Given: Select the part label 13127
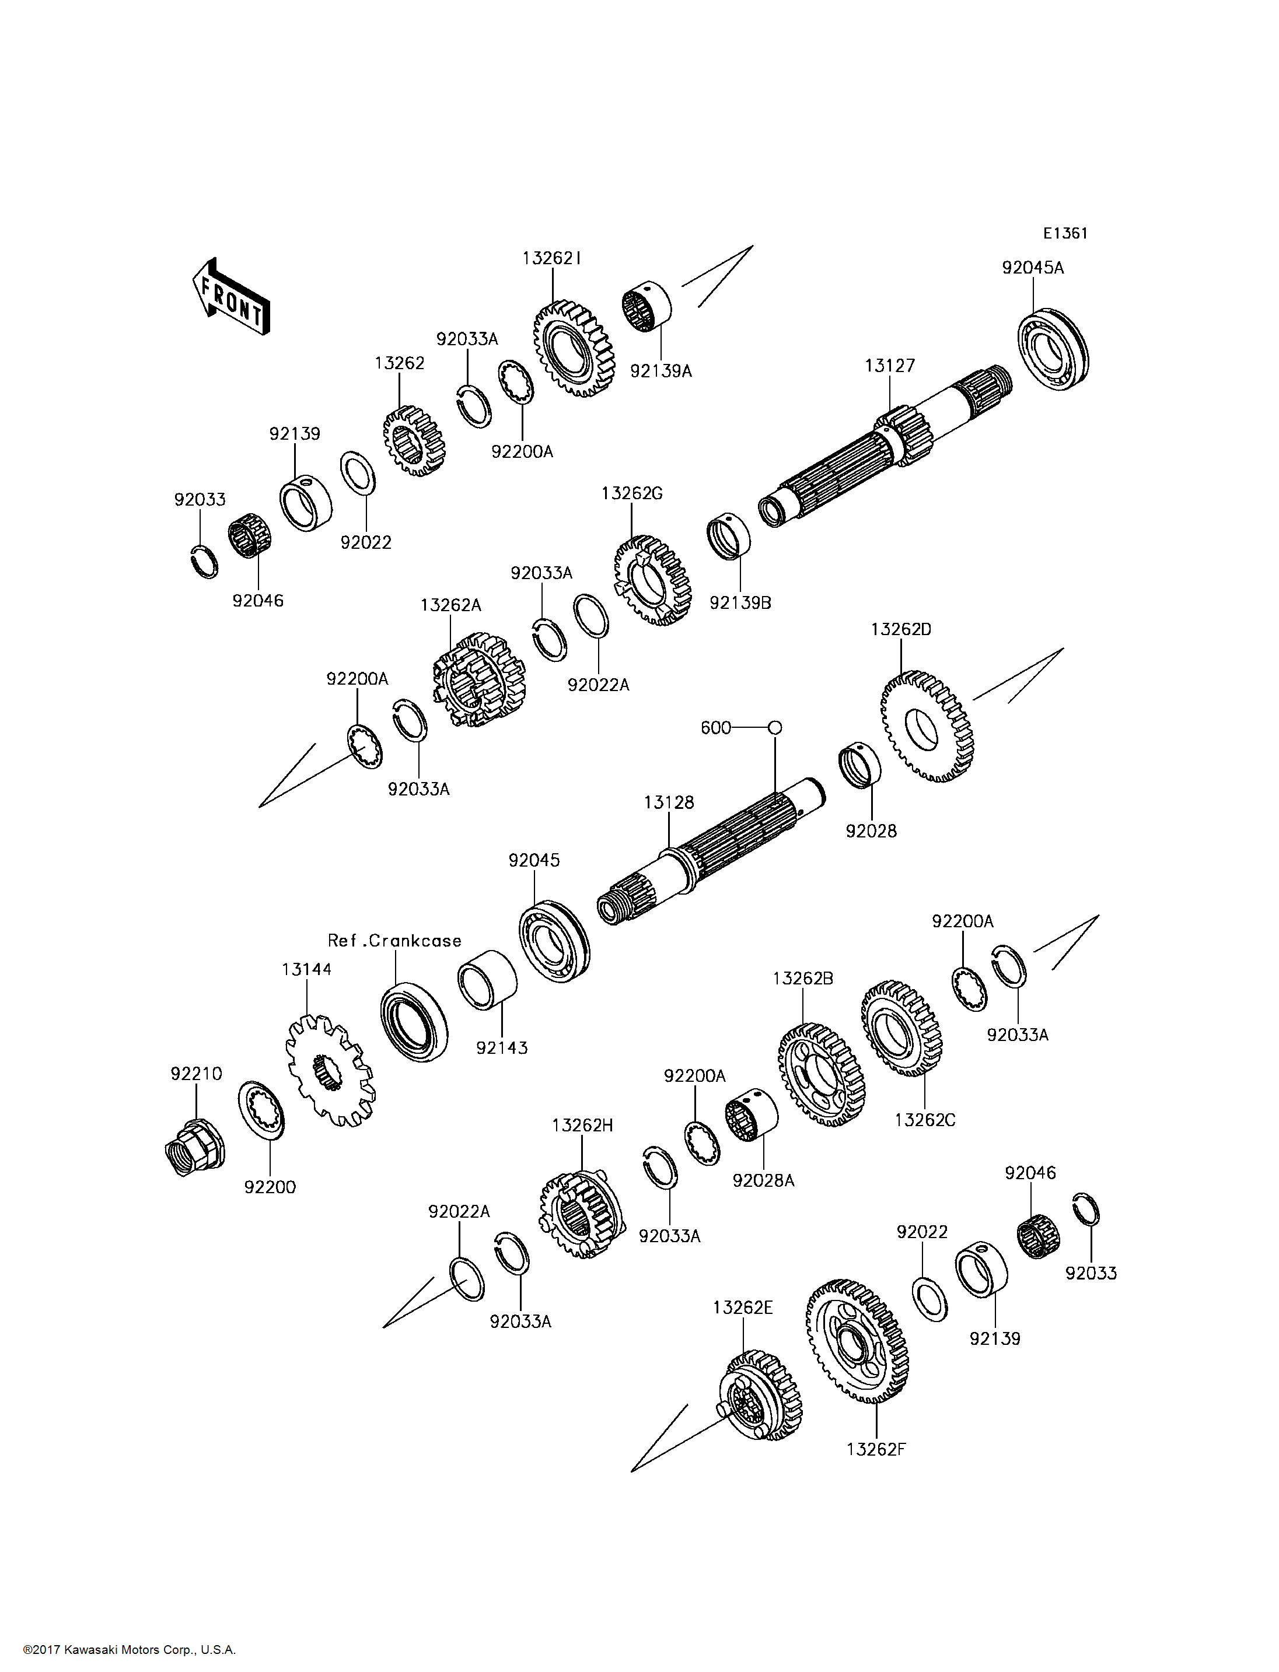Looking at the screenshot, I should [x=889, y=366].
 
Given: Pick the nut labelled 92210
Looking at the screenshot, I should [x=193, y=1148].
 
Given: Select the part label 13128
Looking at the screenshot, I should [x=669, y=802].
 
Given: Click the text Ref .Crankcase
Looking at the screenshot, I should [x=394, y=941].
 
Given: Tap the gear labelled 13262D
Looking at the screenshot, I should [x=927, y=727].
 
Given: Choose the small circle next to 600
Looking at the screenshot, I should [x=775, y=728].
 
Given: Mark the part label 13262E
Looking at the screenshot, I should [x=742, y=1308].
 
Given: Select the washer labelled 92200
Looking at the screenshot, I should [x=261, y=1110].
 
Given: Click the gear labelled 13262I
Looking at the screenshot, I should [x=573, y=349].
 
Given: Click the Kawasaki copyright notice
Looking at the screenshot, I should [x=130, y=1650].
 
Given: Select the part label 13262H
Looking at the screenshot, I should [x=582, y=1125].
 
